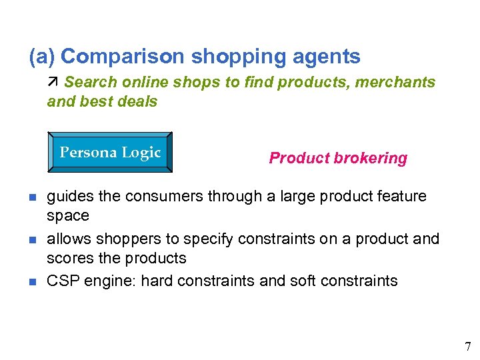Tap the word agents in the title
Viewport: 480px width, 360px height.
point(327,57)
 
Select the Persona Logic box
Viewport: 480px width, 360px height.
point(110,153)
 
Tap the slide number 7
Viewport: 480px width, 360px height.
point(467,346)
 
